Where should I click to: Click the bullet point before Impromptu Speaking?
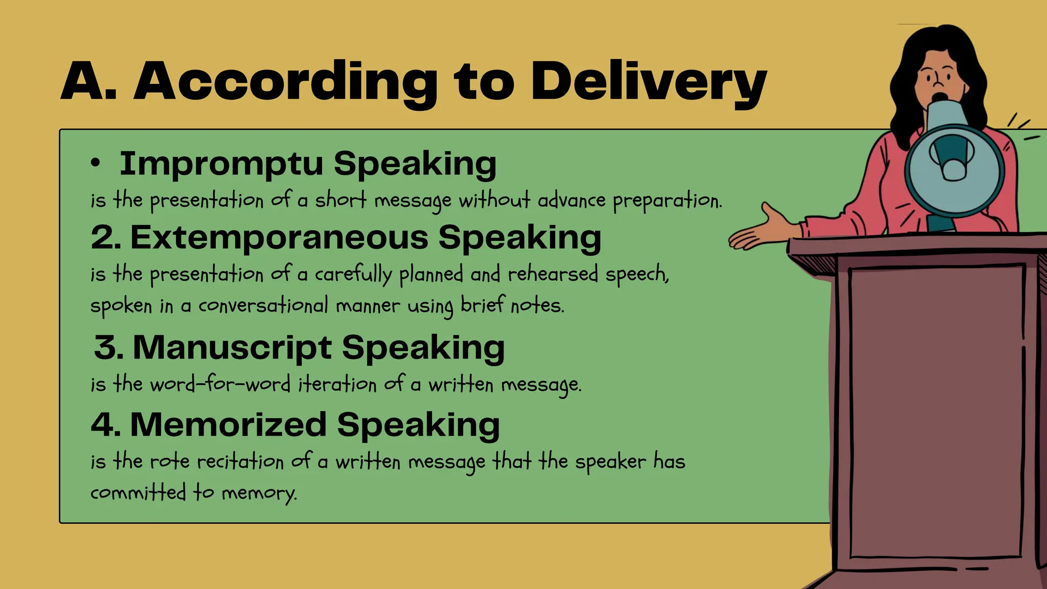click(x=95, y=163)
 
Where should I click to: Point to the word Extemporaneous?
click(x=279, y=238)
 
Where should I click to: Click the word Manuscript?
click(x=232, y=348)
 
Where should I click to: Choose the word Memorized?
click(x=228, y=425)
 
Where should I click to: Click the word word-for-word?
click(x=220, y=384)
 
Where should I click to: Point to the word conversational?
click(x=263, y=306)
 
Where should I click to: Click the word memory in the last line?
click(x=259, y=493)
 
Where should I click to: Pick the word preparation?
click(x=667, y=200)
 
